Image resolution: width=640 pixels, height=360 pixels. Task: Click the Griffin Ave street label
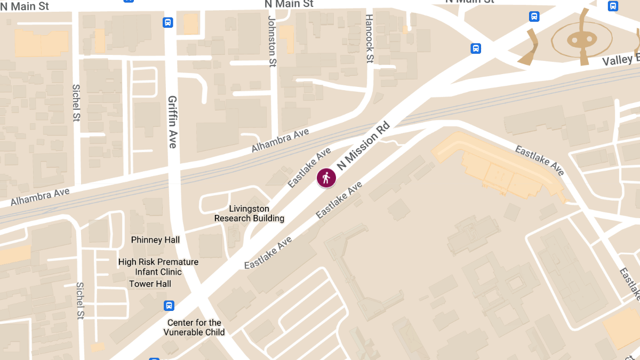pos(172,122)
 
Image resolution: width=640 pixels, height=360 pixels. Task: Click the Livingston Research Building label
pos(249,213)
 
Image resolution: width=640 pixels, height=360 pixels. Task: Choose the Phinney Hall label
pos(155,240)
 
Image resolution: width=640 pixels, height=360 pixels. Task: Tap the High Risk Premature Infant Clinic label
pos(158,267)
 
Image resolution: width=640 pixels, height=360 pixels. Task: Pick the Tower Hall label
pos(150,284)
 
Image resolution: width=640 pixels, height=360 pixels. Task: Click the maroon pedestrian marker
pos(326,178)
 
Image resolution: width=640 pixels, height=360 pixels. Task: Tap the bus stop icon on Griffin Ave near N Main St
pos(168,22)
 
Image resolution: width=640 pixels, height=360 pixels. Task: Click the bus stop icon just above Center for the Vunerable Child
pos(169,306)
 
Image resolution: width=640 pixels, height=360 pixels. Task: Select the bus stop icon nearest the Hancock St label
pos(476,49)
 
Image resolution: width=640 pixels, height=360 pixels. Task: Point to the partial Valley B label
pos(620,59)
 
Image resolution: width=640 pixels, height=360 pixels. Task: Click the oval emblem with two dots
pos(580,39)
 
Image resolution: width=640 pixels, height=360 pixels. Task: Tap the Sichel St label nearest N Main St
pos(76,102)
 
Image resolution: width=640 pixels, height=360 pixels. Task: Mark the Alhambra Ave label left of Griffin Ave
pos(40,197)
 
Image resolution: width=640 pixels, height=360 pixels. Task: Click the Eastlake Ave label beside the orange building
pos(539,159)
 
